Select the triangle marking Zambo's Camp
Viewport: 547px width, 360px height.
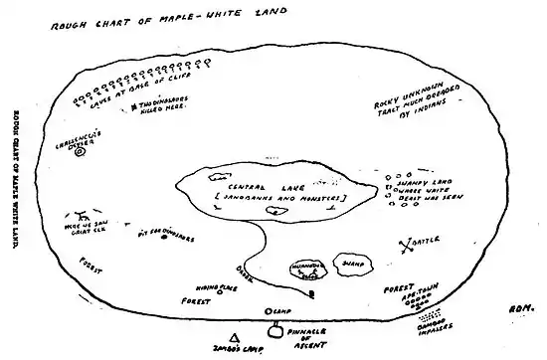[234, 337]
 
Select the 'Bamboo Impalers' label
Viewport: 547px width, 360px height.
[429, 324]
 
